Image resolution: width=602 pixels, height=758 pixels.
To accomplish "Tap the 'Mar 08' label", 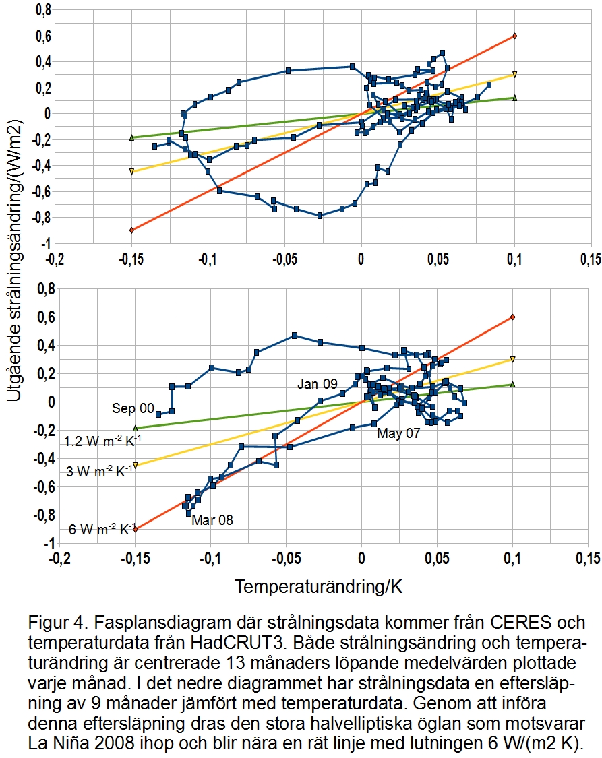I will [x=212, y=519].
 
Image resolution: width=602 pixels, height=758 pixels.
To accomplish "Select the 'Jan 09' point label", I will [x=318, y=384].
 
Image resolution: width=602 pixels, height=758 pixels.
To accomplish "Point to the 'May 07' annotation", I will [x=398, y=433].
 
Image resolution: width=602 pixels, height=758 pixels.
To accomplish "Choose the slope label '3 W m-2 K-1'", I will [x=100, y=471].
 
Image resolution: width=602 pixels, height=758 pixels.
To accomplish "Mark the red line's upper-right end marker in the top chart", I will [x=514, y=36].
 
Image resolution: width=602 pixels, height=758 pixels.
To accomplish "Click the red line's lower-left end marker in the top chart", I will [x=132, y=230].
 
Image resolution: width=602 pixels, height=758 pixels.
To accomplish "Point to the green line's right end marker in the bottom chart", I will [x=513, y=385].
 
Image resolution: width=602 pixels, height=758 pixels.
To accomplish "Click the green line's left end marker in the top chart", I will [x=132, y=137].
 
